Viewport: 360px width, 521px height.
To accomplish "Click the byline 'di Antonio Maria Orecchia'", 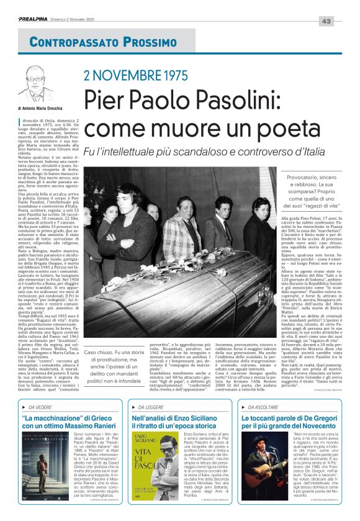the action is pyautogui.click(x=50, y=108).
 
